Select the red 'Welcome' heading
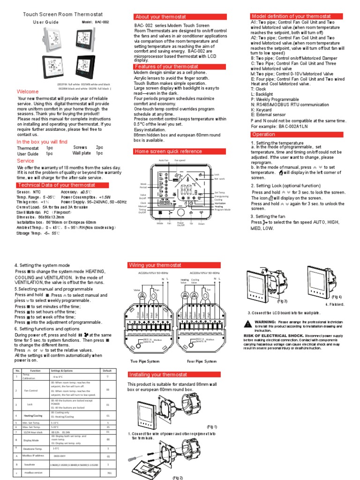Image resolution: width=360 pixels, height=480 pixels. click(x=28, y=91)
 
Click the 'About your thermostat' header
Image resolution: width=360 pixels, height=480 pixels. click(x=154, y=17)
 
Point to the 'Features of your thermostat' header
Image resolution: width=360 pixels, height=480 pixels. click(x=160, y=67)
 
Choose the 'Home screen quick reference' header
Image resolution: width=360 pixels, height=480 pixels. click(x=162, y=151)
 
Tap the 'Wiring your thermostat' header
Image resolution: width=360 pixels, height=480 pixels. click(x=155, y=265)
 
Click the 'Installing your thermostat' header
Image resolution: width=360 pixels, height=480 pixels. click(x=158, y=375)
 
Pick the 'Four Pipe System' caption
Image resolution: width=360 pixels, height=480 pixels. click(x=202, y=361)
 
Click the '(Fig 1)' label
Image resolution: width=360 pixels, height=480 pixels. click(x=212, y=427)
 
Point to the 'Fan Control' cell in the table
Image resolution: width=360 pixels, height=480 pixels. click(x=30, y=390)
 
